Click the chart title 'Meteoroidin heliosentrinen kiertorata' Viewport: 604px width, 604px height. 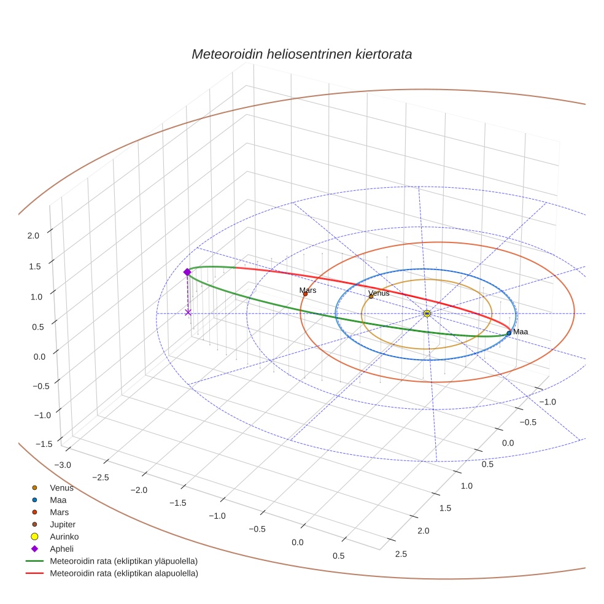pos(301,54)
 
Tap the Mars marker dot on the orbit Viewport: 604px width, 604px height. pos(305,294)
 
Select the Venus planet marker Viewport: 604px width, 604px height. pos(371,296)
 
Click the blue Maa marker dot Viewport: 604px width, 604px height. pos(509,333)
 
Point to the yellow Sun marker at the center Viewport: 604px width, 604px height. pos(427,314)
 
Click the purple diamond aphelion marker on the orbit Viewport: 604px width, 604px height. pos(187,272)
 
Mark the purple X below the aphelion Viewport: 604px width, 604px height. pos(188,312)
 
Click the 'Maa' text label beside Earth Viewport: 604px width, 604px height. pos(521,331)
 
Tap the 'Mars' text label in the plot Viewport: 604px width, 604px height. pos(308,290)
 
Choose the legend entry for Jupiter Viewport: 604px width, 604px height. pos(63,524)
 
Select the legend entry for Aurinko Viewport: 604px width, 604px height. pos(64,536)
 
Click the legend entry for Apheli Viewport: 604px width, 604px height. pos(61,549)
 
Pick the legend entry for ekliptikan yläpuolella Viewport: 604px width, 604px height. pos(123,561)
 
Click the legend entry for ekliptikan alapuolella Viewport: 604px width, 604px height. pos(123,573)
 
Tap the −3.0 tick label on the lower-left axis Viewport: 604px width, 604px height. pos(62,465)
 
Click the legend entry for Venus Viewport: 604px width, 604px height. pos(61,488)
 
